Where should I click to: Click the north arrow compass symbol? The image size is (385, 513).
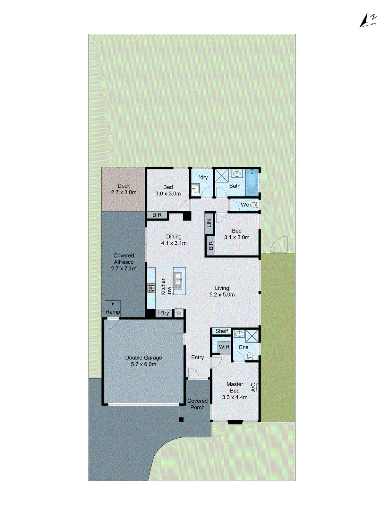[x=367, y=21]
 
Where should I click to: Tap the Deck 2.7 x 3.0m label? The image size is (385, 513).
[x=124, y=189]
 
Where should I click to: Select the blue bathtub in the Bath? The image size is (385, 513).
[x=252, y=182]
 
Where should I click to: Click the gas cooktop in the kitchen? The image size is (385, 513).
[x=151, y=288]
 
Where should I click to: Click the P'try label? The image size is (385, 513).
[x=163, y=313]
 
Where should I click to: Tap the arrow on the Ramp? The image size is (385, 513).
[x=113, y=303]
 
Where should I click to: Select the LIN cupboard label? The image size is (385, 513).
[x=210, y=223]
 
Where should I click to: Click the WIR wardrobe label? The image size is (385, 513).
[x=224, y=347]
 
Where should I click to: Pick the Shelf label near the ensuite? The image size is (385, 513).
[x=221, y=331]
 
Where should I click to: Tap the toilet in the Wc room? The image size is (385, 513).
[x=254, y=205]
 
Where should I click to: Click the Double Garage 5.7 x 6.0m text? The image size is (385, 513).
[x=143, y=361]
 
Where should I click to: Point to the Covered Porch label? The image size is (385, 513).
[x=197, y=404]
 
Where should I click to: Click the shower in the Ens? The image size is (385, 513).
[x=252, y=336]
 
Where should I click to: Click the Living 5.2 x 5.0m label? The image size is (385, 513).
[x=222, y=291]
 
